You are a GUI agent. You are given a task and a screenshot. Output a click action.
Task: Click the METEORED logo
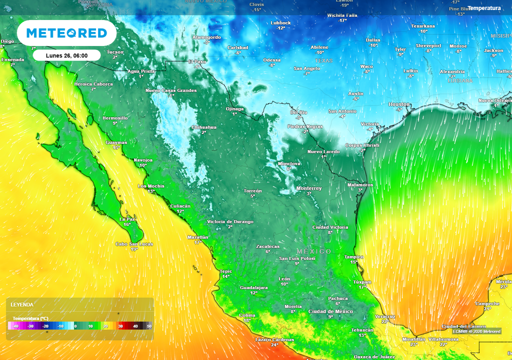(66, 33)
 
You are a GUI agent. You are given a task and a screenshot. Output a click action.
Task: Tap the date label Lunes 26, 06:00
(66, 55)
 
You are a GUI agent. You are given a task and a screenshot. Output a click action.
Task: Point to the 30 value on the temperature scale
(120, 326)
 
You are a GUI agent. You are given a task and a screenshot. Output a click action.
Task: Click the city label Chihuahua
(204, 127)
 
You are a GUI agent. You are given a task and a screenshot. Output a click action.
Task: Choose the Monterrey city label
(309, 188)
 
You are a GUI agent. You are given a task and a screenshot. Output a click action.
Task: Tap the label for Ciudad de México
(330, 311)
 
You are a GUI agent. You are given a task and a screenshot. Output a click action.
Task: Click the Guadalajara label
(254, 287)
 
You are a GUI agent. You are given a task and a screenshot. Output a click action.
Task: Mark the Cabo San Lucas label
(134, 244)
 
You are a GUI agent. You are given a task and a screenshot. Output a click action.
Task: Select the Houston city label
(399, 104)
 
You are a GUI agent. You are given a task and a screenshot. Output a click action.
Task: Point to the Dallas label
(373, 40)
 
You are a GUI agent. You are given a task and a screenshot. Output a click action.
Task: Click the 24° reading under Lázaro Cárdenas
(274, 345)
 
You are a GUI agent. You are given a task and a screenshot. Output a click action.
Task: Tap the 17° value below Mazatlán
(197, 242)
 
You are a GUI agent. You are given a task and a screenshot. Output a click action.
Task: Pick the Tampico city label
(354, 256)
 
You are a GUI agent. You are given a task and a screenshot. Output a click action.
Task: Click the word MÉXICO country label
(314, 251)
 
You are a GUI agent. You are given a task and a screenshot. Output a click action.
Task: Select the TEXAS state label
(323, 61)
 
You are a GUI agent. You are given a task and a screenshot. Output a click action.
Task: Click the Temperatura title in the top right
(484, 8)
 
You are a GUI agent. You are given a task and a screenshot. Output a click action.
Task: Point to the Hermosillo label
(115, 118)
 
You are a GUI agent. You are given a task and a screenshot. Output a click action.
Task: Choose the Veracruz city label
(385, 316)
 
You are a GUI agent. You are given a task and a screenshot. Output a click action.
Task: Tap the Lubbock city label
(280, 23)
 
